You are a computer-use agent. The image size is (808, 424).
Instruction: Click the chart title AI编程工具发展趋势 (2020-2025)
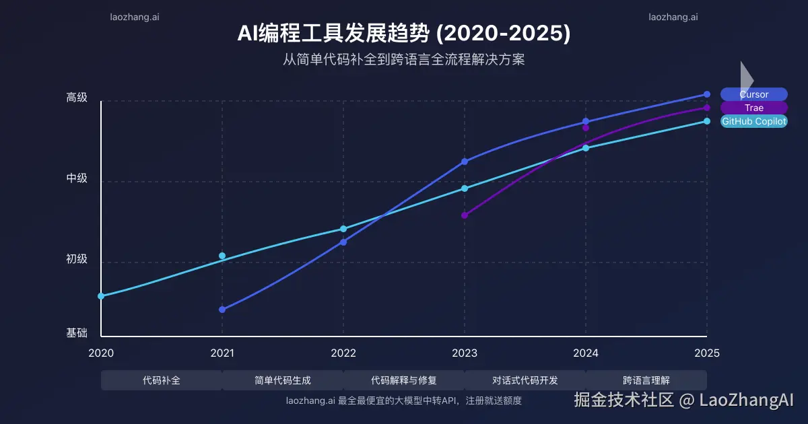(x=403, y=33)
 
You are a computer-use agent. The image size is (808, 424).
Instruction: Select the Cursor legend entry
(x=753, y=94)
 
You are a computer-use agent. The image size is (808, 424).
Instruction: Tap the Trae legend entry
(x=753, y=108)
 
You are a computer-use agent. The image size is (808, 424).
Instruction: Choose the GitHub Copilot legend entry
(x=753, y=121)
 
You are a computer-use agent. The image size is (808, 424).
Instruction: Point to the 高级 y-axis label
(x=77, y=98)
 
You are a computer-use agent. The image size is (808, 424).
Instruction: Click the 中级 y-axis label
(x=77, y=178)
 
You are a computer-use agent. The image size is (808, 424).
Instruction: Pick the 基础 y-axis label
(x=77, y=332)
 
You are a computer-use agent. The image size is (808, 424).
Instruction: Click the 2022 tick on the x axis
(x=343, y=353)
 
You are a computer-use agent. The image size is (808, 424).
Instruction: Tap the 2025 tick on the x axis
(x=707, y=353)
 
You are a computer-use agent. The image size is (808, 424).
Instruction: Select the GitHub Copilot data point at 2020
(x=101, y=296)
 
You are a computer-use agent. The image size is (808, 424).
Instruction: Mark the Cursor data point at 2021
(x=222, y=310)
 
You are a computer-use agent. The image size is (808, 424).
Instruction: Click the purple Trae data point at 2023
(x=465, y=215)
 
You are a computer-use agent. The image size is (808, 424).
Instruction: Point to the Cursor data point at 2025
(x=707, y=94)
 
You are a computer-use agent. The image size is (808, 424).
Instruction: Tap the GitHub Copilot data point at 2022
(x=343, y=229)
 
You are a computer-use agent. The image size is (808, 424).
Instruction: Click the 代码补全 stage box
(x=162, y=380)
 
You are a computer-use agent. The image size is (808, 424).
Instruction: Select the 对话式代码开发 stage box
(x=525, y=380)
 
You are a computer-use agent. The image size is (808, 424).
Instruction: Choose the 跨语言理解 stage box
(x=646, y=380)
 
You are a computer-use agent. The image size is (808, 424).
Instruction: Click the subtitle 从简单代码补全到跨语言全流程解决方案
(x=403, y=59)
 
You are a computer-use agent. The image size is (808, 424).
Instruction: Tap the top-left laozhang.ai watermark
(x=135, y=17)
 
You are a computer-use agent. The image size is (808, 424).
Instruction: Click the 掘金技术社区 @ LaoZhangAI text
(x=683, y=400)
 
